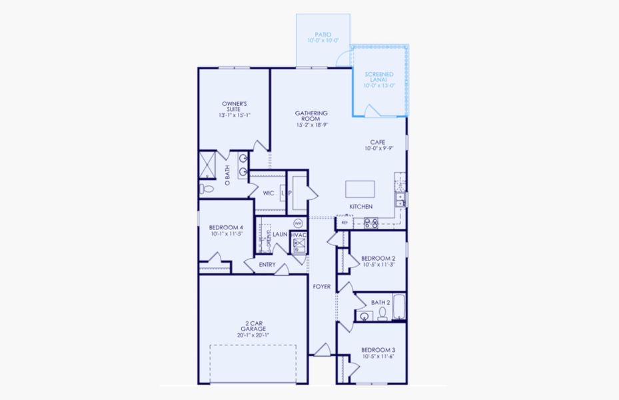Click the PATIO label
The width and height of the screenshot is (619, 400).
point(323,37)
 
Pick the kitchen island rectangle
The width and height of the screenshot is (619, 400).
point(360,189)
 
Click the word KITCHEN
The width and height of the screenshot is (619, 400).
point(361,207)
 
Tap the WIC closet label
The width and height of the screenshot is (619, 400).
point(269,193)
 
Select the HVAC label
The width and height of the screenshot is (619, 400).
point(299,235)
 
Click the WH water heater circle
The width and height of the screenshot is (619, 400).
point(298,223)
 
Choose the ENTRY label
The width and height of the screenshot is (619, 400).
point(268,265)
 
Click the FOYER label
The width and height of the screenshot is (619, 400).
point(322,287)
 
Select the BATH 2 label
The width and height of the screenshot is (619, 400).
point(380,303)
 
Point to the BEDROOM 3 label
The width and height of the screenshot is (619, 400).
point(378,353)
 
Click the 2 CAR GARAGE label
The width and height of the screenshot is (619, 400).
point(253,331)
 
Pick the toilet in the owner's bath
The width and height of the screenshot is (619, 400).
point(207,189)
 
